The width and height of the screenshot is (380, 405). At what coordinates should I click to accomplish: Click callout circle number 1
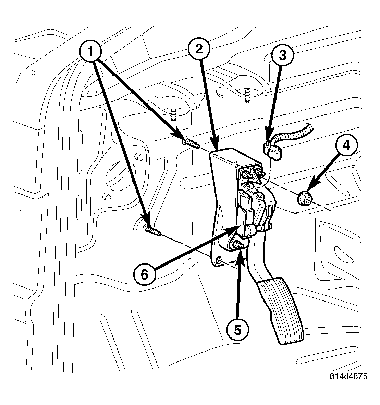click(90, 52)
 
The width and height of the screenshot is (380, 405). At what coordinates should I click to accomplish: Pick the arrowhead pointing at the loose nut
click(309, 188)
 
